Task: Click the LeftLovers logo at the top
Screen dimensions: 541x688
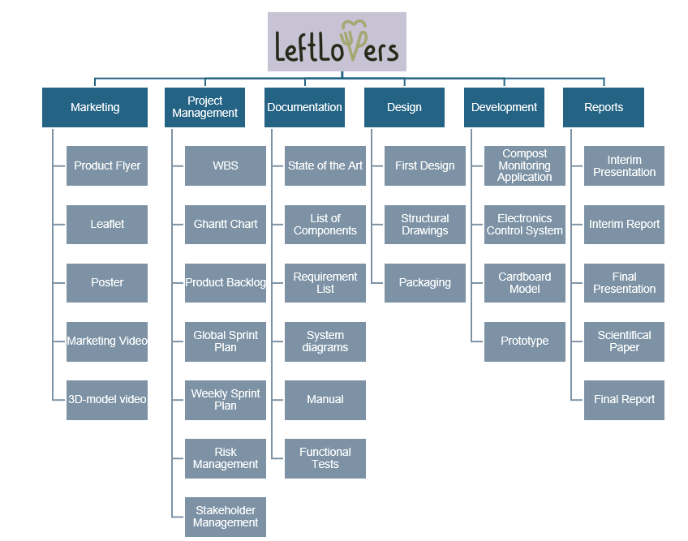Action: (x=337, y=41)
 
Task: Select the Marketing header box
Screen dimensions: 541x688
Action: (x=95, y=107)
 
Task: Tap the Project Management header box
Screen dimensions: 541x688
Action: (x=204, y=107)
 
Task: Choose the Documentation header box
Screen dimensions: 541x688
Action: (x=304, y=107)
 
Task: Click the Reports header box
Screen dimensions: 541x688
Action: (x=604, y=107)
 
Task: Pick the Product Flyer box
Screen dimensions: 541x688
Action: (x=107, y=165)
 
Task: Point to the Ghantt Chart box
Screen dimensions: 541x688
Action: (x=226, y=224)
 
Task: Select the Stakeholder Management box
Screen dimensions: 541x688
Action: (x=226, y=517)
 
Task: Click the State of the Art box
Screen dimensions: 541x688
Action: (x=325, y=165)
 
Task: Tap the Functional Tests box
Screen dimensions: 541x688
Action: (x=325, y=458)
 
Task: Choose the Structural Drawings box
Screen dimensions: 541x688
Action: (x=425, y=224)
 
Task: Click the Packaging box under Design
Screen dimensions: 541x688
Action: (x=425, y=283)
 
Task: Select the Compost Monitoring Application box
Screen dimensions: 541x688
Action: (x=525, y=165)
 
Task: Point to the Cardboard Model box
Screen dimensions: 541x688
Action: (x=525, y=283)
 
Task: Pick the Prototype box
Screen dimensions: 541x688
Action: (x=525, y=341)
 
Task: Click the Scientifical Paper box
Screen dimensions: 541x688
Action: (x=624, y=341)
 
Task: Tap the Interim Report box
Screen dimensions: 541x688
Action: (x=624, y=224)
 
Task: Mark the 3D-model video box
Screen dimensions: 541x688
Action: (x=107, y=400)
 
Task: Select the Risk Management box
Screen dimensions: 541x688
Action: (x=226, y=458)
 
